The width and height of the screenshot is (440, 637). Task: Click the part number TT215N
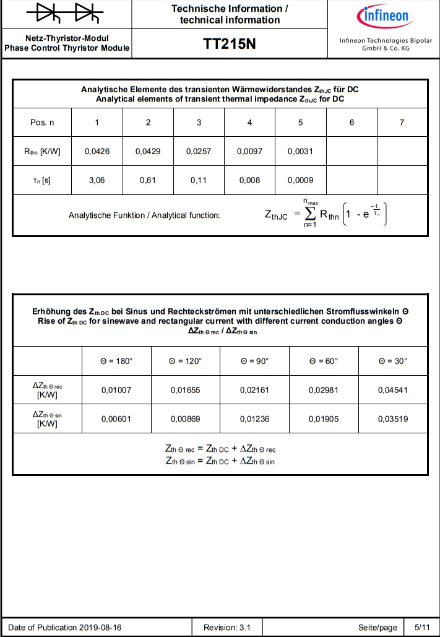pyautogui.click(x=230, y=44)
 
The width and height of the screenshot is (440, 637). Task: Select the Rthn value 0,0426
pyautogui.click(x=97, y=152)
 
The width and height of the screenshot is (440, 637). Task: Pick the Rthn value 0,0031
pyautogui.click(x=300, y=152)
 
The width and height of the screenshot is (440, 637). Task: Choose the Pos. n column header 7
pyautogui.click(x=402, y=123)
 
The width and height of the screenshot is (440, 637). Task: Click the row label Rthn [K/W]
pyautogui.click(x=42, y=152)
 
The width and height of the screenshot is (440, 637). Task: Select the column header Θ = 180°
pyautogui.click(x=116, y=361)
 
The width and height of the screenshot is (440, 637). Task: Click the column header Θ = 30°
pyautogui.click(x=392, y=361)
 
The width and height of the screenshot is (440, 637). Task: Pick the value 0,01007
pyautogui.click(x=116, y=390)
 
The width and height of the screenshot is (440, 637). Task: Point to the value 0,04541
pyautogui.click(x=392, y=390)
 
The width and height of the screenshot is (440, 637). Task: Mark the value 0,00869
pyautogui.click(x=185, y=418)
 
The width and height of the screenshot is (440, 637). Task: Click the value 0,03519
pyautogui.click(x=392, y=418)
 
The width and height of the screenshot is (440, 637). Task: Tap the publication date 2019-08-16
pyautogui.click(x=100, y=628)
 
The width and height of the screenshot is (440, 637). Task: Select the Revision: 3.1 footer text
pyautogui.click(x=227, y=628)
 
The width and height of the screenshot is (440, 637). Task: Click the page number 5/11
pyautogui.click(x=422, y=628)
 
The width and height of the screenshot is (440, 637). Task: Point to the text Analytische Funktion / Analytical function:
pyautogui.click(x=144, y=215)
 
